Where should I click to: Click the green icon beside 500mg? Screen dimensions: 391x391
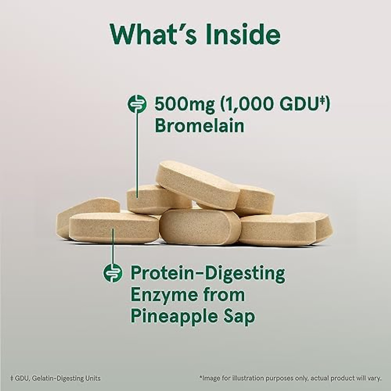(x=137, y=104)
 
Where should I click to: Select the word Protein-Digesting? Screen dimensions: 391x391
(x=208, y=273)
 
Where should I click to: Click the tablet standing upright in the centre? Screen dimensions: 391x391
(x=199, y=227)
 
